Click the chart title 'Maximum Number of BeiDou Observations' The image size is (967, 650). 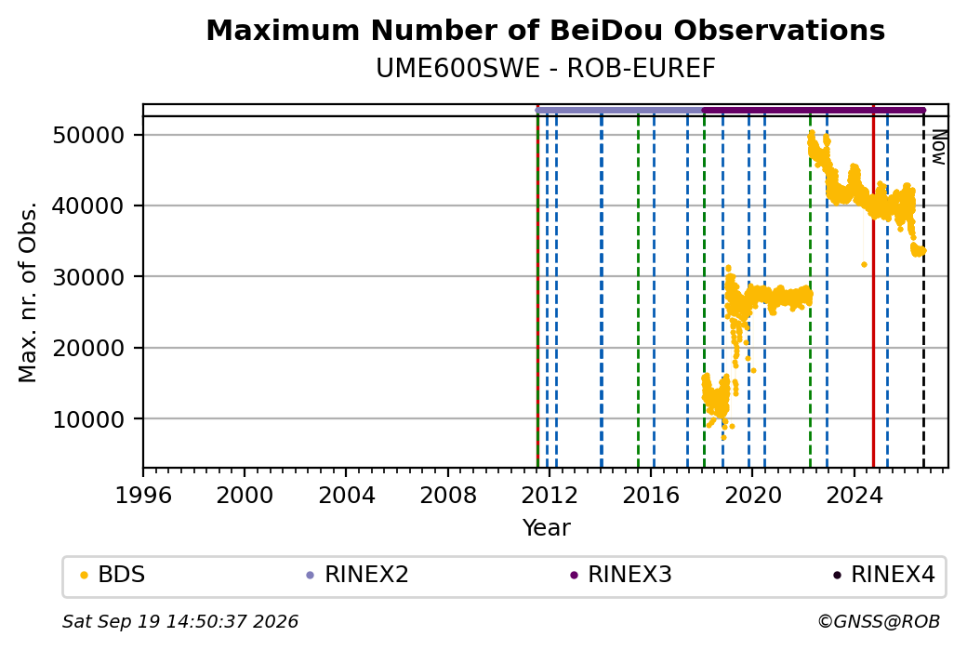[545, 30]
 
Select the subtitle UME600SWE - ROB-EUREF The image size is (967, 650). [545, 69]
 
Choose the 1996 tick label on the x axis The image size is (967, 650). [143, 496]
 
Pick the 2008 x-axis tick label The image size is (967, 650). [448, 496]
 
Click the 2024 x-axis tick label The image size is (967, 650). [854, 496]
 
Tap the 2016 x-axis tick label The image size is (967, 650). [651, 496]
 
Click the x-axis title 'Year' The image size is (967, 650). [546, 528]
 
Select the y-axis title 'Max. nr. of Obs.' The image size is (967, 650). [28, 292]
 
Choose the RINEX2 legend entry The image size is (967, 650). [358, 575]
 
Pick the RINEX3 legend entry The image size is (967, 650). [621, 575]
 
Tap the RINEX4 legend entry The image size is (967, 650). [884, 575]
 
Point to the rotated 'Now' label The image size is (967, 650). [938, 147]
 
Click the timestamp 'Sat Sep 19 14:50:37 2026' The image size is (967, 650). [180, 621]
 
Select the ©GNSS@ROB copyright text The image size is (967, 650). [879, 621]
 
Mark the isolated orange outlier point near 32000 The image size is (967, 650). [864, 265]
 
